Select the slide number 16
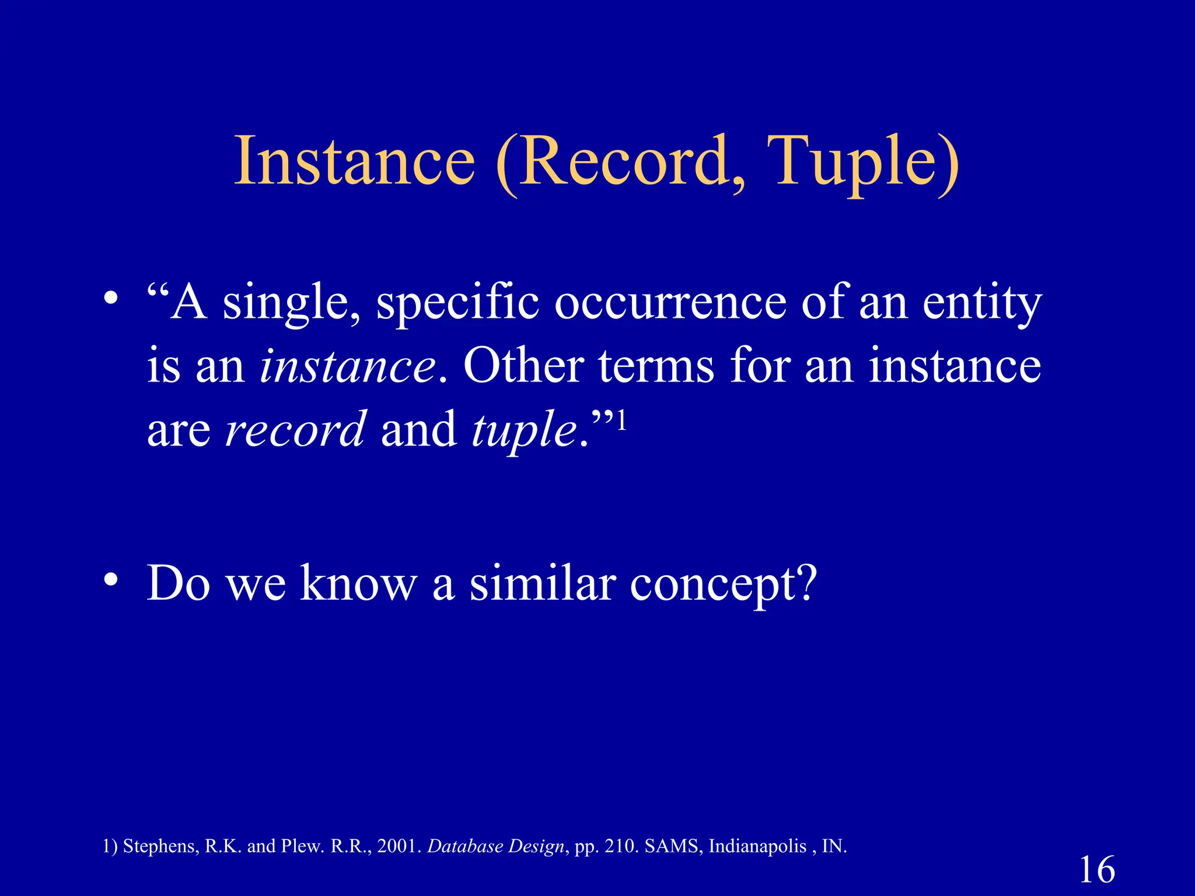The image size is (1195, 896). [x=1097, y=870]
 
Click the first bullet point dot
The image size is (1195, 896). [x=111, y=299]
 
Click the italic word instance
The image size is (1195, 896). [x=348, y=367]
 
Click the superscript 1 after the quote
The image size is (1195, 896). [x=622, y=419]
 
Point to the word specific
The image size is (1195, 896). [x=457, y=304]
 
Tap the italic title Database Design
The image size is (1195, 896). [x=496, y=846]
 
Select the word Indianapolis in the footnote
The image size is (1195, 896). [x=757, y=846]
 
